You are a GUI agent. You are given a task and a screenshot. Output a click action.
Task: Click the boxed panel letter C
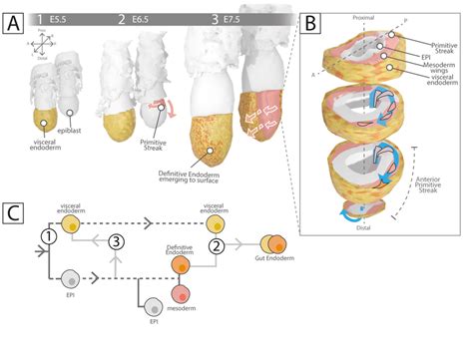13,213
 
